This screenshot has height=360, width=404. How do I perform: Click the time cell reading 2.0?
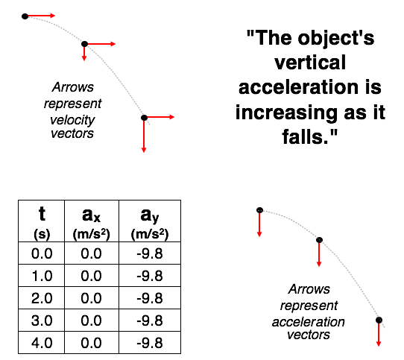(42, 298)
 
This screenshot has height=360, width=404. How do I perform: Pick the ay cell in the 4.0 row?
(150, 343)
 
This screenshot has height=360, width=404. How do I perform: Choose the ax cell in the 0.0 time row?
(92, 253)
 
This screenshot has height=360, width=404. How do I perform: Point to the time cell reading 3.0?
(42, 320)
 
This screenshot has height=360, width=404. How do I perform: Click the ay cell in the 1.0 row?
(150, 276)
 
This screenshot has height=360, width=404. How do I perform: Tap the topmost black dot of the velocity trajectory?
(25, 16)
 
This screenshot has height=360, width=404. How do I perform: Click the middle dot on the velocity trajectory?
(84, 44)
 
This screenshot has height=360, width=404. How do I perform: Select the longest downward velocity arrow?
(144, 135)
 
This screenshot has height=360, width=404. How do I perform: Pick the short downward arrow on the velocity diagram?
(84, 54)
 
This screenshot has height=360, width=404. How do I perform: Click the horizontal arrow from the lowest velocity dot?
(160, 117)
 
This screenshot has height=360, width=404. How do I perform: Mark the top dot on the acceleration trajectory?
(259, 210)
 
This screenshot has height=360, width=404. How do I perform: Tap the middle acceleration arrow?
(319, 254)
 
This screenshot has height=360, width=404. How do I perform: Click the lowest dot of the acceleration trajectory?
(379, 320)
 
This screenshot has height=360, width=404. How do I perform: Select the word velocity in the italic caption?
(72, 120)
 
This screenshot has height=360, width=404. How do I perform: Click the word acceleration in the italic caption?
(309, 322)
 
